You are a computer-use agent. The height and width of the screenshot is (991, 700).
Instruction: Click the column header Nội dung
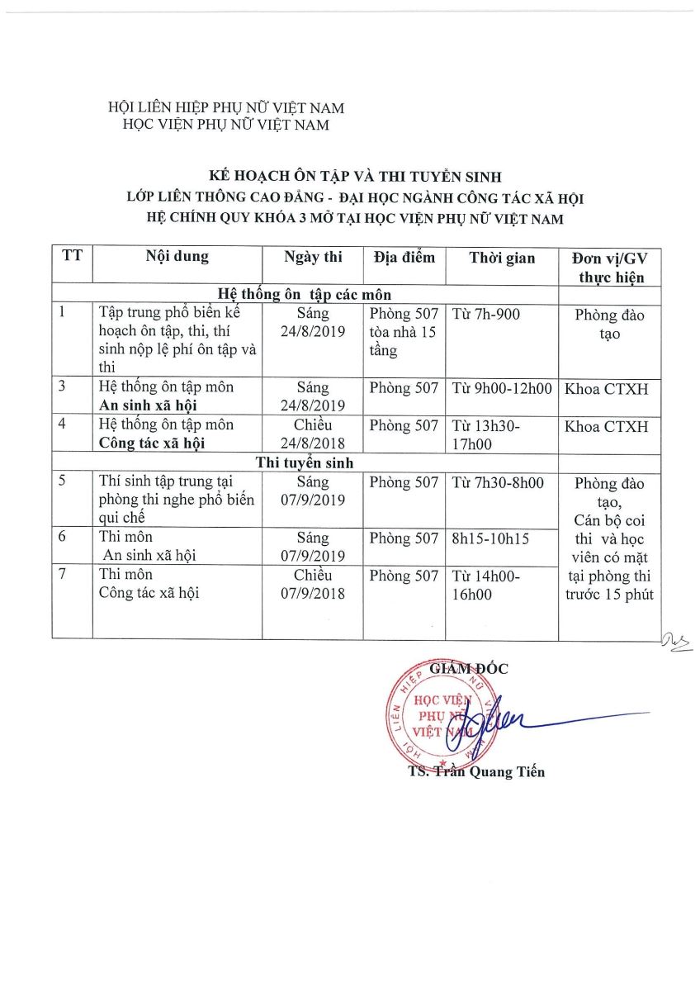(177, 256)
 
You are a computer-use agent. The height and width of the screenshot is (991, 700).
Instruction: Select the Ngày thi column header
(312, 256)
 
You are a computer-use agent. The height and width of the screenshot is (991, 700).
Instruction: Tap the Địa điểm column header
(404, 256)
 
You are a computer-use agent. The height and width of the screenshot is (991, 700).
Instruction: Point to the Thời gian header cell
(502, 257)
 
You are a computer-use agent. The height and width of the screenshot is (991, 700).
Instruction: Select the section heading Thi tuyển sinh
(305, 462)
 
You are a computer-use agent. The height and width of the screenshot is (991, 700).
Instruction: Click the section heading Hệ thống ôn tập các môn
(305, 294)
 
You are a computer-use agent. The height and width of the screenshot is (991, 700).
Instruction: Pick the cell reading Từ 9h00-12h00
(502, 388)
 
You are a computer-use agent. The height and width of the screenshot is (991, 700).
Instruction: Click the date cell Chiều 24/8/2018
(312, 434)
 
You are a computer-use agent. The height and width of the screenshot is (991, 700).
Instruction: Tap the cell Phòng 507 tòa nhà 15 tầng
(404, 332)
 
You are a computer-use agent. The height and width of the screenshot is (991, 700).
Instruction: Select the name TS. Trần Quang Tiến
(476, 772)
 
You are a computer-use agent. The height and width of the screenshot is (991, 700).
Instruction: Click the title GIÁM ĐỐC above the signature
(469, 667)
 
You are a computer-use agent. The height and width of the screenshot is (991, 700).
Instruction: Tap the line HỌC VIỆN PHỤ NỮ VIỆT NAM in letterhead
(225, 125)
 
